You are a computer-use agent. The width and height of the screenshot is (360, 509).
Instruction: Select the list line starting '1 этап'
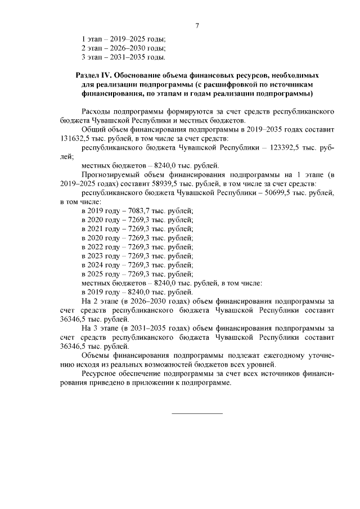point(124,39)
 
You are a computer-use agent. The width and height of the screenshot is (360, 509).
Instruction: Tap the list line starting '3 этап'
point(124,57)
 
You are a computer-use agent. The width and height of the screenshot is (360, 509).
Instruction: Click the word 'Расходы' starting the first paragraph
point(98,111)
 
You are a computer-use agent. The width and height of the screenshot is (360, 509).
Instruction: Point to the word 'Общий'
point(94,129)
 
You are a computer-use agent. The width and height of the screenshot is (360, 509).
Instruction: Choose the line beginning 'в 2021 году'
point(137,228)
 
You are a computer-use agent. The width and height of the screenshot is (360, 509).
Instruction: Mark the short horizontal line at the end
point(197,414)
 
